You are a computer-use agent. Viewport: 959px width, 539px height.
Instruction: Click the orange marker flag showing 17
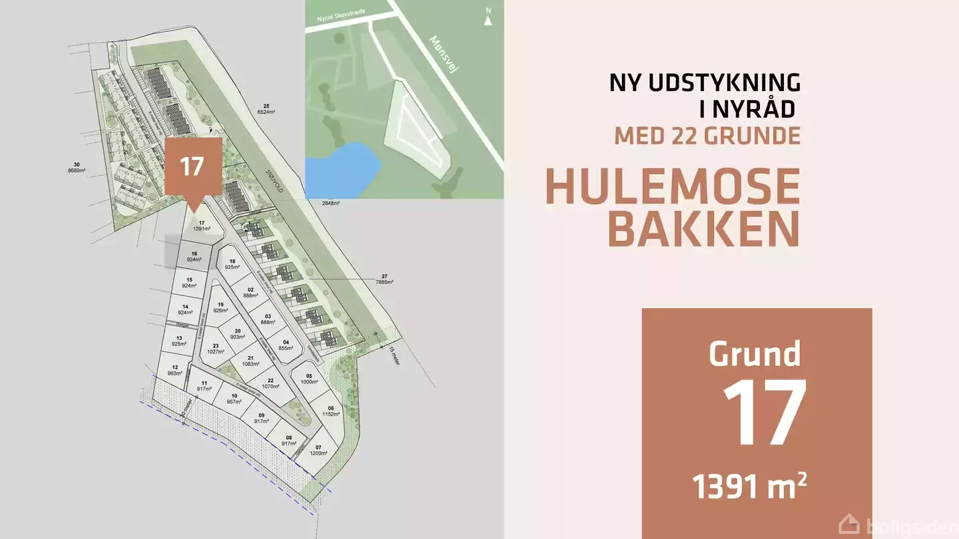(x=192, y=166)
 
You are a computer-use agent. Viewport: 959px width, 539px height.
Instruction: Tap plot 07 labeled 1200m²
(x=318, y=450)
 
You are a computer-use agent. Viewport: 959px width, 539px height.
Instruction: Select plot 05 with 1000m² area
(x=309, y=379)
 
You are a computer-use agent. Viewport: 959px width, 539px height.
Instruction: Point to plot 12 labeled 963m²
(x=174, y=371)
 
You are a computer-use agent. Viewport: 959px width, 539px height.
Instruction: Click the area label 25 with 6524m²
(x=266, y=110)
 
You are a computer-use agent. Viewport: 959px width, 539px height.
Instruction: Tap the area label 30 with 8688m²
(x=78, y=167)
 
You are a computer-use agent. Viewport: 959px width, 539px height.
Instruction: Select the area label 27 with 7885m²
(x=384, y=279)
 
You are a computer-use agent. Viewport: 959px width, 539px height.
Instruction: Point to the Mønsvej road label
(x=445, y=54)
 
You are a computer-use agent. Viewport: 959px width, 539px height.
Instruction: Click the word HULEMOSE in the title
(x=673, y=188)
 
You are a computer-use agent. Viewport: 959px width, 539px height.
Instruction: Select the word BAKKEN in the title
(x=703, y=228)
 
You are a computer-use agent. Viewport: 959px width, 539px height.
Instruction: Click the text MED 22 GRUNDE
(x=707, y=136)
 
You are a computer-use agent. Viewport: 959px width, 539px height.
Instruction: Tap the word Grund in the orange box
(x=754, y=353)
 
